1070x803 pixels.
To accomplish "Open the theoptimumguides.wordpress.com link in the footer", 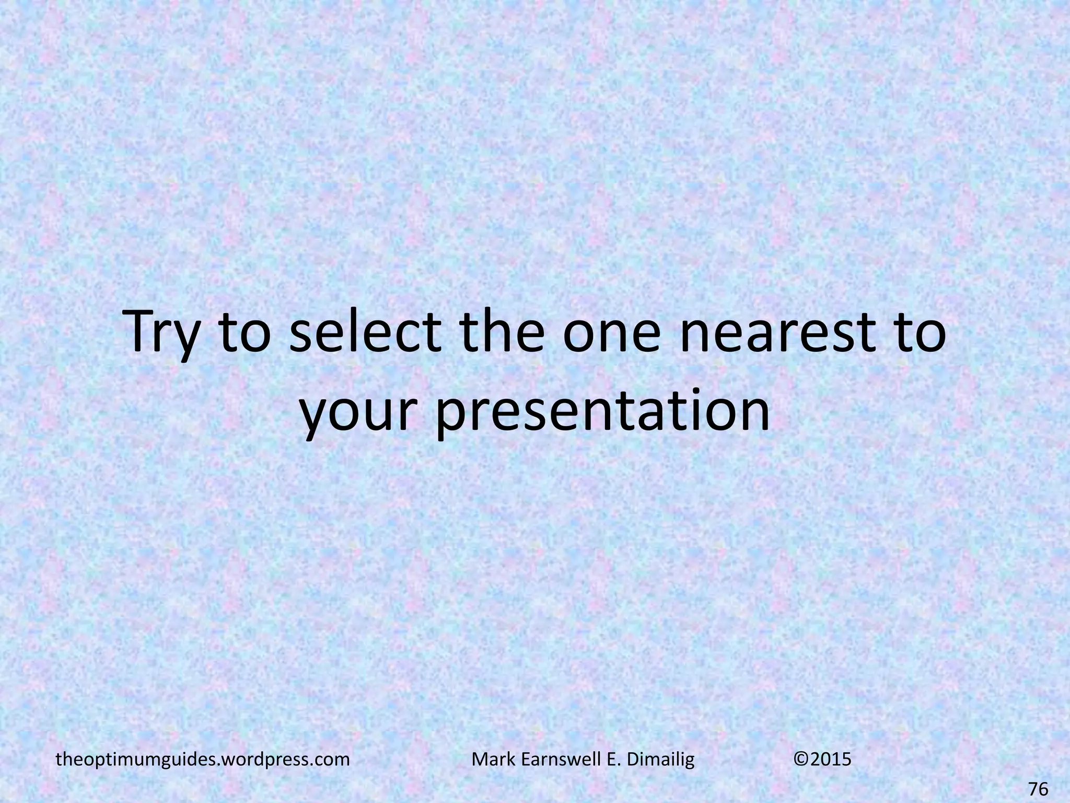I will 203,759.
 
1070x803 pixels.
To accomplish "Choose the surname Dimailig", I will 661,759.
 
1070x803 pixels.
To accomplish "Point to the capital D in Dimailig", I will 632,759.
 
